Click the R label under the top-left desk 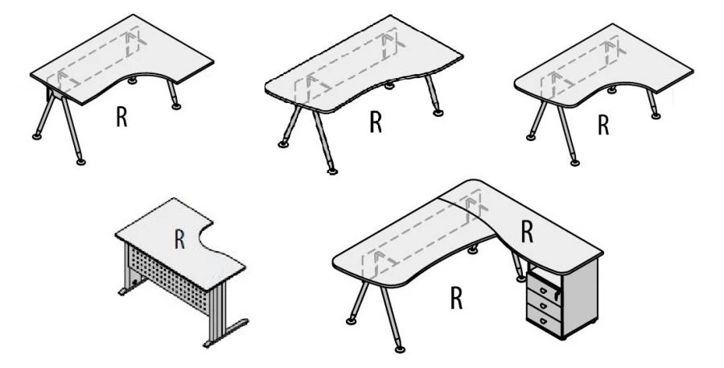tap(121, 117)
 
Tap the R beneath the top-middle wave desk tap(375, 122)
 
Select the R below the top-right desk tap(603, 126)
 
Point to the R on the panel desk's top tap(180, 238)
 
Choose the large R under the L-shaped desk tap(456, 298)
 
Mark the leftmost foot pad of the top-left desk tap(37, 134)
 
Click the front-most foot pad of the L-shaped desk tap(400, 350)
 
